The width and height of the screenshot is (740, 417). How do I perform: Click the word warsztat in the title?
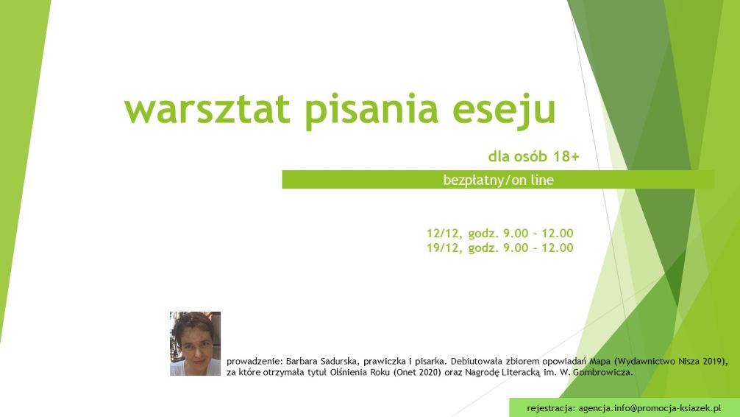[x=207, y=109]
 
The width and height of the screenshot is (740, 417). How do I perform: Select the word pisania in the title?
[x=371, y=110]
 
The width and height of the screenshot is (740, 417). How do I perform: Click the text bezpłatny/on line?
[x=499, y=180]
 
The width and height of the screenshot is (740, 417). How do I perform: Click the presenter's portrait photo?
[x=196, y=344]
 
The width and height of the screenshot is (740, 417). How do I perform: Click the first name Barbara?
[x=302, y=362]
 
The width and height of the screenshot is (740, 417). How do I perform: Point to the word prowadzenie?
[x=255, y=362]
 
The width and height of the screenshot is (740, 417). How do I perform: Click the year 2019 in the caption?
[x=712, y=362]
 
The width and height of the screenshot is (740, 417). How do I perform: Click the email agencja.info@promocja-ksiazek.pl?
[x=650, y=408]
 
